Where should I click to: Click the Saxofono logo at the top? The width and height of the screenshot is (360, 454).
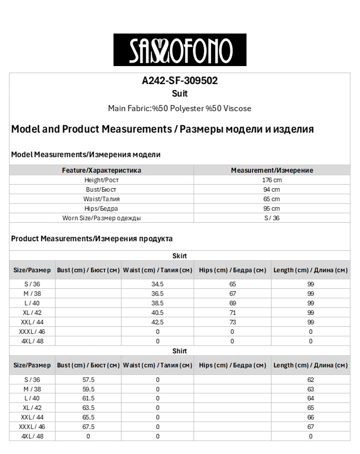click(x=179, y=50)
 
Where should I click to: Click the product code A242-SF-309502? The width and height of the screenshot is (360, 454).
click(x=179, y=81)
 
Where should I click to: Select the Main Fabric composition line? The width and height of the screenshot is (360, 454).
click(x=179, y=109)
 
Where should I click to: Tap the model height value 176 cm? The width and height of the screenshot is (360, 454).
click(x=271, y=180)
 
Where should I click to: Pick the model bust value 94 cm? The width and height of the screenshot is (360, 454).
click(x=271, y=190)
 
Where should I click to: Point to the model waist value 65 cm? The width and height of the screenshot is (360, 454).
click(x=271, y=199)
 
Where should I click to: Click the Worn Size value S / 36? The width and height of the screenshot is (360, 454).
click(x=271, y=218)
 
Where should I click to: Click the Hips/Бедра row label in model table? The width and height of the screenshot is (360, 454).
click(x=101, y=209)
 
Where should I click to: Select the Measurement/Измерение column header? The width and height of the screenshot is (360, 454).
click(x=271, y=170)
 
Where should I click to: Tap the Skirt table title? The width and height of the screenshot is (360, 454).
click(x=179, y=256)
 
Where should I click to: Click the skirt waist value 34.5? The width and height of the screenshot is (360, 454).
click(x=157, y=284)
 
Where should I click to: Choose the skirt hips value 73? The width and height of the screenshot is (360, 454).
click(x=232, y=322)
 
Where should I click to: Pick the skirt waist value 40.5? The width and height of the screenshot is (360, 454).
click(x=157, y=312)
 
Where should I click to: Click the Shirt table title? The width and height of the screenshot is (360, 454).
click(x=179, y=351)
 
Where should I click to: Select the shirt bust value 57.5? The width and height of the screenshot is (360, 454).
click(x=88, y=380)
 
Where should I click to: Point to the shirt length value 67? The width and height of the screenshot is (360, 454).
click(x=310, y=427)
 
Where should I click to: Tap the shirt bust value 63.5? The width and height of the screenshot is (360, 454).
click(x=88, y=408)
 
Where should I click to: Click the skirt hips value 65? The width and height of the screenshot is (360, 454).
click(x=232, y=284)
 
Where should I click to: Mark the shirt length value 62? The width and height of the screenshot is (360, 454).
click(x=310, y=380)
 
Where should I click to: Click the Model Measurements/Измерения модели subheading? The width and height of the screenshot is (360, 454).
click(x=85, y=155)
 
